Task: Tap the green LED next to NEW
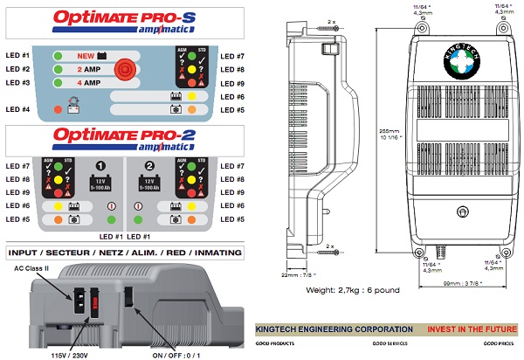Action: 56,54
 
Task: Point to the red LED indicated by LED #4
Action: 57,110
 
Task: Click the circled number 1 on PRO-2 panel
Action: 101,164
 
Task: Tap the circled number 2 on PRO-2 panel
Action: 150,164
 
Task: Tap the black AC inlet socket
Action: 75,297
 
